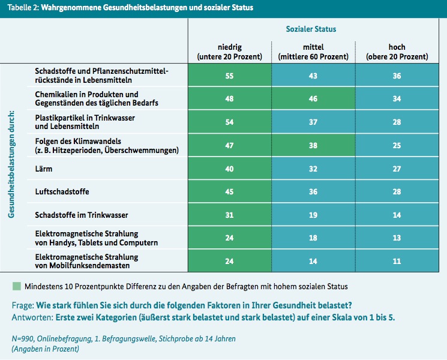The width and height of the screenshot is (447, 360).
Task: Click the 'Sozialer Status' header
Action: click(x=311, y=29)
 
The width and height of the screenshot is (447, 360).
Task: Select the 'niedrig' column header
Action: click(x=230, y=47)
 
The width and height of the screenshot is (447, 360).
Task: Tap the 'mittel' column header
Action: click(x=313, y=47)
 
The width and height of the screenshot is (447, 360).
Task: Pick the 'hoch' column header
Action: click(x=397, y=47)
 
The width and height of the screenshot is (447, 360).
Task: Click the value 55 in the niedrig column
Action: click(x=229, y=76)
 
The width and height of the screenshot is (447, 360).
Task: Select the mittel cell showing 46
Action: click(x=313, y=98)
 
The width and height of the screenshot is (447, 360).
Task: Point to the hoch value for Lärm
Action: click(x=397, y=169)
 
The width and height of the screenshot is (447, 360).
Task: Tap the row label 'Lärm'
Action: click(x=44, y=169)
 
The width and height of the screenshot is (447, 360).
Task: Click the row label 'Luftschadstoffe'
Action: click(x=62, y=191)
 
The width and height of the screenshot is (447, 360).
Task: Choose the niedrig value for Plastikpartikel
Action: click(x=229, y=122)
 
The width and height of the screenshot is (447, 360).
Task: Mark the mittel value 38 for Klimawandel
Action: click(x=313, y=145)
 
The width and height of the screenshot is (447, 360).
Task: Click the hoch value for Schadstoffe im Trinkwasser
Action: click(x=397, y=215)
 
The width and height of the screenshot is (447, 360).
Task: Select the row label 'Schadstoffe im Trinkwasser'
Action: click(x=82, y=215)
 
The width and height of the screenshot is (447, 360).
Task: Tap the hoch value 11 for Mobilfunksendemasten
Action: click(x=397, y=261)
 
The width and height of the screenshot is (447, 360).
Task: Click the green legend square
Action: click(x=17, y=286)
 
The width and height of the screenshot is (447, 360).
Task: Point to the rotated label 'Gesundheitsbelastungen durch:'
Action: click(x=11, y=164)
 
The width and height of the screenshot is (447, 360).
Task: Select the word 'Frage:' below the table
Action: click(x=23, y=305)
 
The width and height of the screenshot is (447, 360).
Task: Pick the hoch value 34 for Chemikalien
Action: click(x=397, y=98)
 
